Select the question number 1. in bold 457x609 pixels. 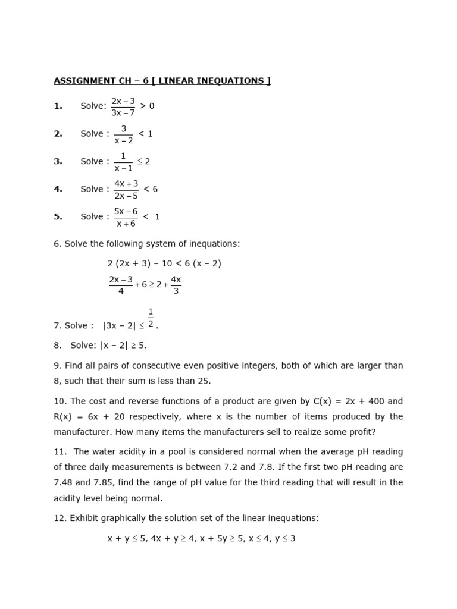pos(58,106)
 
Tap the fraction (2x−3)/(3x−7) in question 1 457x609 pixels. pos(123,106)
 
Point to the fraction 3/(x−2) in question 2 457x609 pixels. pos(124,134)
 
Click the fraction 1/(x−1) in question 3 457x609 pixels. pos(124,161)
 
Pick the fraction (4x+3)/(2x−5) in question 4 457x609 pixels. pos(126,189)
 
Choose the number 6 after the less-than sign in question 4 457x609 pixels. pos(155,189)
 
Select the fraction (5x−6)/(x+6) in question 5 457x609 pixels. pos(126,217)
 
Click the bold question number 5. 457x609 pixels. pos(58,217)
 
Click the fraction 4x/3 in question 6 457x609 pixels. pos(176,285)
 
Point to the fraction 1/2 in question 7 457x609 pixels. pos(151,318)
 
